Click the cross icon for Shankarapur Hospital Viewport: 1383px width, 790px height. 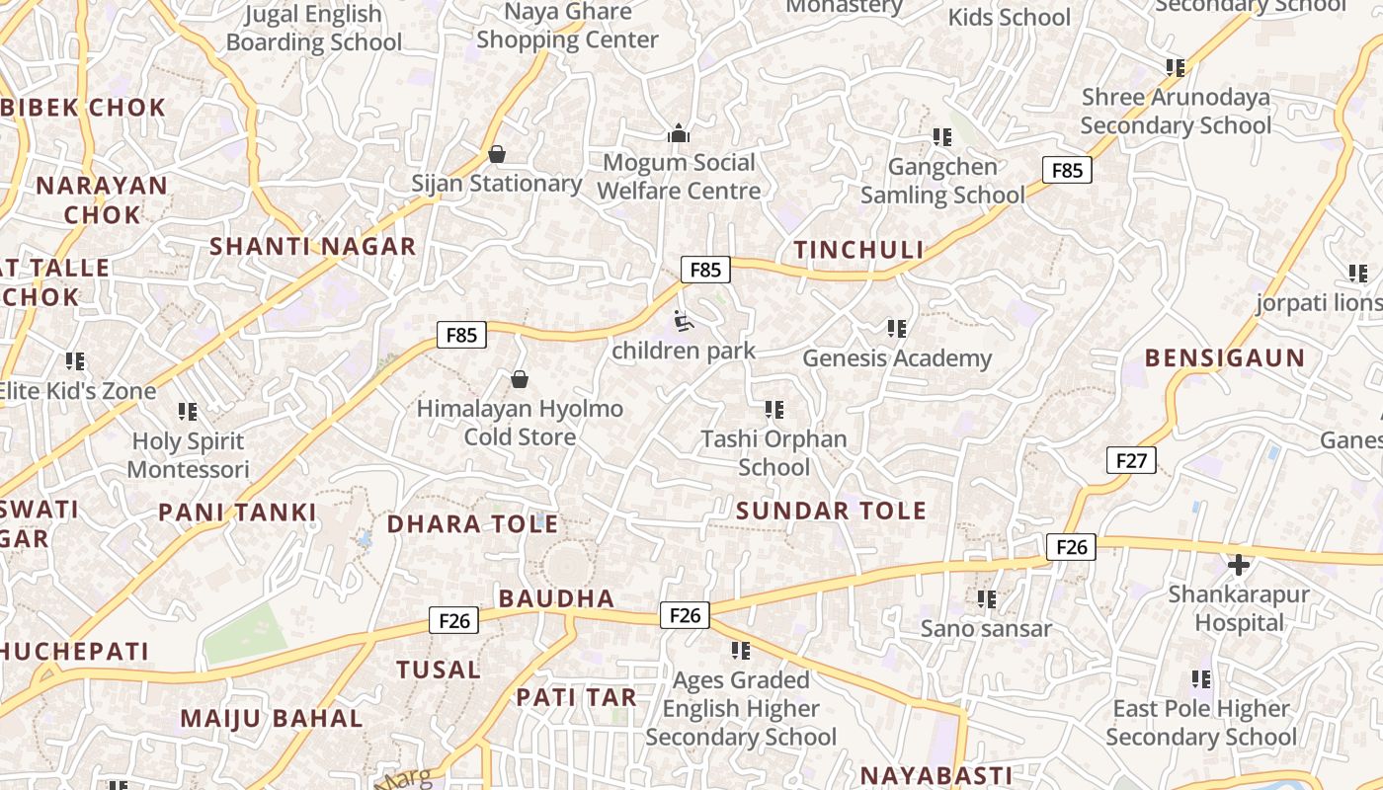(x=1239, y=565)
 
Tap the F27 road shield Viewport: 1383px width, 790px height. (x=1131, y=460)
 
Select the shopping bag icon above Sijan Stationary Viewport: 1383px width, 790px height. (x=497, y=154)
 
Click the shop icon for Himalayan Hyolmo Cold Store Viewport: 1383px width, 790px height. (x=519, y=379)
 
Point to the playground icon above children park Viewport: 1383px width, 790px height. (x=683, y=321)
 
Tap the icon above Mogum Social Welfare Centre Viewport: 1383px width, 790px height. (x=679, y=133)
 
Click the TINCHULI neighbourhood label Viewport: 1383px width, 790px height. (x=858, y=250)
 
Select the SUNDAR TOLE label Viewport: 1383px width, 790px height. (x=831, y=511)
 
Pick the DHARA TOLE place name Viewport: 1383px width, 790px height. (x=472, y=524)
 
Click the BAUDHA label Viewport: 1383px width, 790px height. (x=556, y=598)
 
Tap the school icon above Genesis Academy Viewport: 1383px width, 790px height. (x=896, y=329)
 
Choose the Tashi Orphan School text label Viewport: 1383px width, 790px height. (x=773, y=452)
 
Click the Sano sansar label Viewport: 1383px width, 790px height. (x=986, y=628)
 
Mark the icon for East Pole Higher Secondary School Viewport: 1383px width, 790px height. (x=1201, y=679)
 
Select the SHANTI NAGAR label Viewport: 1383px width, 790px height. (x=312, y=247)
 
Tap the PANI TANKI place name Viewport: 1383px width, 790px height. (x=237, y=513)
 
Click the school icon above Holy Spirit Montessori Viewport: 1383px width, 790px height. (x=188, y=412)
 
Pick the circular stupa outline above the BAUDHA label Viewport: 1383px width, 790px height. (x=567, y=566)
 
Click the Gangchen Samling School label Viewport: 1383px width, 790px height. (x=941, y=181)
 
